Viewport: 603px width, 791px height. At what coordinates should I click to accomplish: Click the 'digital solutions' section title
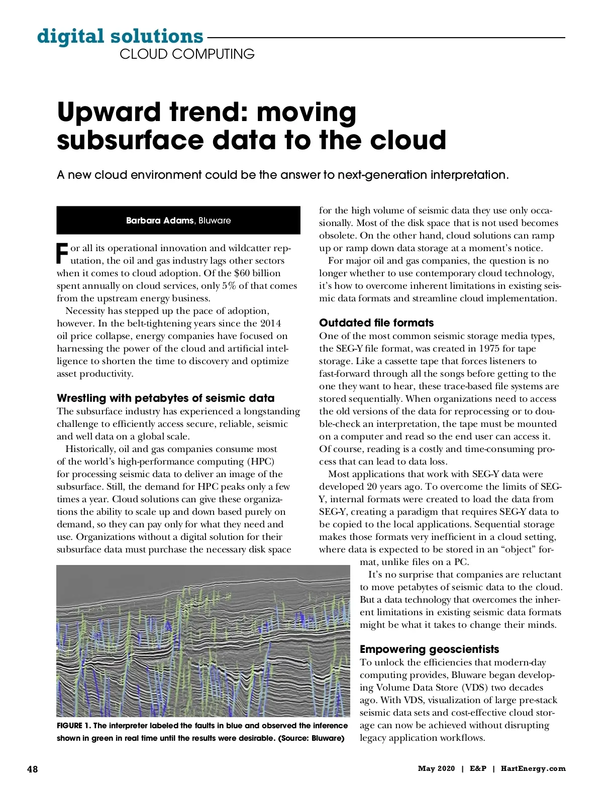[120, 36]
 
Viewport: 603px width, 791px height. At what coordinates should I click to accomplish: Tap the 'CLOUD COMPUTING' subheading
[187, 54]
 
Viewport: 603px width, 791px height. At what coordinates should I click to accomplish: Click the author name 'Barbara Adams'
[159, 220]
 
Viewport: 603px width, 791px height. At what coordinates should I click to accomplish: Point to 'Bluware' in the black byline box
[215, 220]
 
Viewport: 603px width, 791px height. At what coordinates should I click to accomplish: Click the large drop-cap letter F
[62, 254]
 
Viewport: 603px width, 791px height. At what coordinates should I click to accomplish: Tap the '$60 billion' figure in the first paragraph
[257, 273]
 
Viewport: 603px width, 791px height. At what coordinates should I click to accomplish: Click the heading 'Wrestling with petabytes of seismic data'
[165, 398]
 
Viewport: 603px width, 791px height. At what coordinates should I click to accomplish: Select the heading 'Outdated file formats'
[376, 323]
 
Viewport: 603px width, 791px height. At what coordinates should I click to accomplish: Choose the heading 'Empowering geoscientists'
[429, 649]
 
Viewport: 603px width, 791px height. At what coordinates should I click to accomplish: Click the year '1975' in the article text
[488, 349]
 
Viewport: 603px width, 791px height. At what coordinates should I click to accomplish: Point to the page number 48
[32, 769]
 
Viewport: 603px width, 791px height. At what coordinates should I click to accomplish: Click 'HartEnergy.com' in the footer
[533, 769]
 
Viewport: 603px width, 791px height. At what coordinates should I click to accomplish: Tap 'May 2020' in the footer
[436, 769]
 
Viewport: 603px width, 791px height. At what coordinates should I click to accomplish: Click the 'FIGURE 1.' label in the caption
[74, 726]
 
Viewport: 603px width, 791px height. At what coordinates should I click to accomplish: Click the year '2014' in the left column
[270, 323]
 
